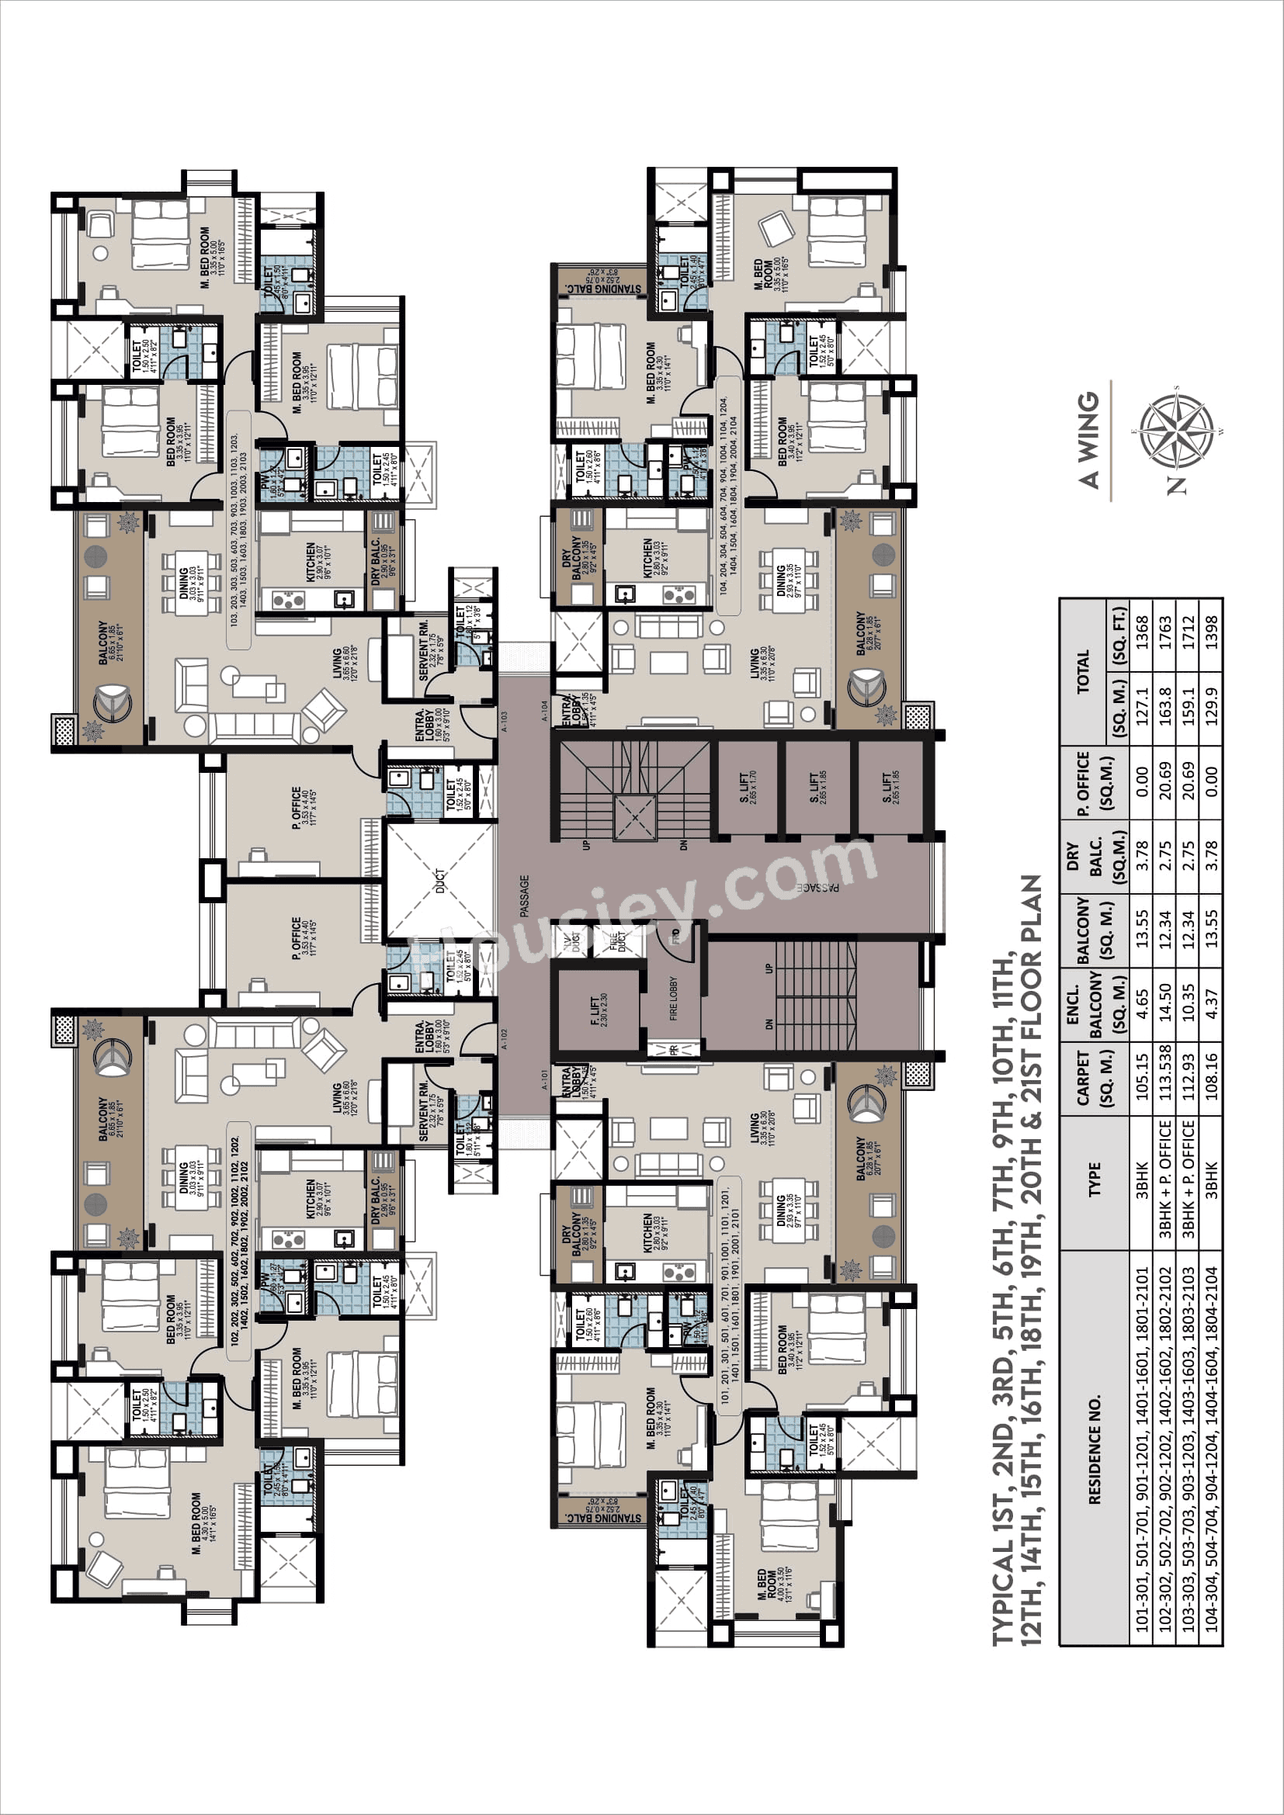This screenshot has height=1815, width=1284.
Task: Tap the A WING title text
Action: [x=1088, y=439]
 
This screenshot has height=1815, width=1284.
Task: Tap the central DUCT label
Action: [x=440, y=882]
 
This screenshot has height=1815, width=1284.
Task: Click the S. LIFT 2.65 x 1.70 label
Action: [x=747, y=788]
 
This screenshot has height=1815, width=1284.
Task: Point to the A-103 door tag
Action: [x=505, y=721]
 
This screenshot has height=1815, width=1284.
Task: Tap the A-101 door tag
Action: [x=544, y=1080]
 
